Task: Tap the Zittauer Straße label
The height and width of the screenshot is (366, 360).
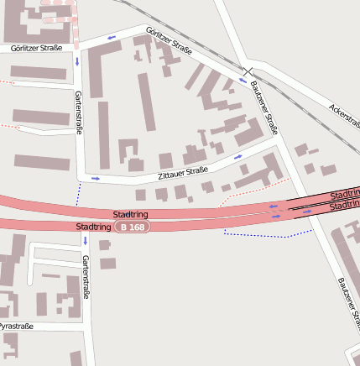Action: tap(182, 173)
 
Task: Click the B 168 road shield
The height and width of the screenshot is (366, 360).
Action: tap(133, 227)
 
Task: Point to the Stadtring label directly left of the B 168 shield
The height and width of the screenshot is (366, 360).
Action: tap(92, 227)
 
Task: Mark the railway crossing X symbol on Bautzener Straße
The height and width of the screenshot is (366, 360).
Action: tap(246, 71)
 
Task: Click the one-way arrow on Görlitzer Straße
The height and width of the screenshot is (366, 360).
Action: tap(111, 38)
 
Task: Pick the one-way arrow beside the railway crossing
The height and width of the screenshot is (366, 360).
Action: tap(243, 81)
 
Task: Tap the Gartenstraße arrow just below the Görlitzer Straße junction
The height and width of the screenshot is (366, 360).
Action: tap(77, 60)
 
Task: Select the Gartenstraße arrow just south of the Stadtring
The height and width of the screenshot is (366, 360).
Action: tap(85, 240)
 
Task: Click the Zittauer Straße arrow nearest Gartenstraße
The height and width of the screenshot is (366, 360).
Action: tap(95, 178)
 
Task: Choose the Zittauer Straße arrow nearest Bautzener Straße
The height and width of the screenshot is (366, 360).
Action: tap(238, 156)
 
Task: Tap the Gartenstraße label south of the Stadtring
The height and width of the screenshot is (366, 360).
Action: tap(86, 276)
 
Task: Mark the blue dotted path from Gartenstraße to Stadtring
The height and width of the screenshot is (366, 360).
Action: tap(78, 193)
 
